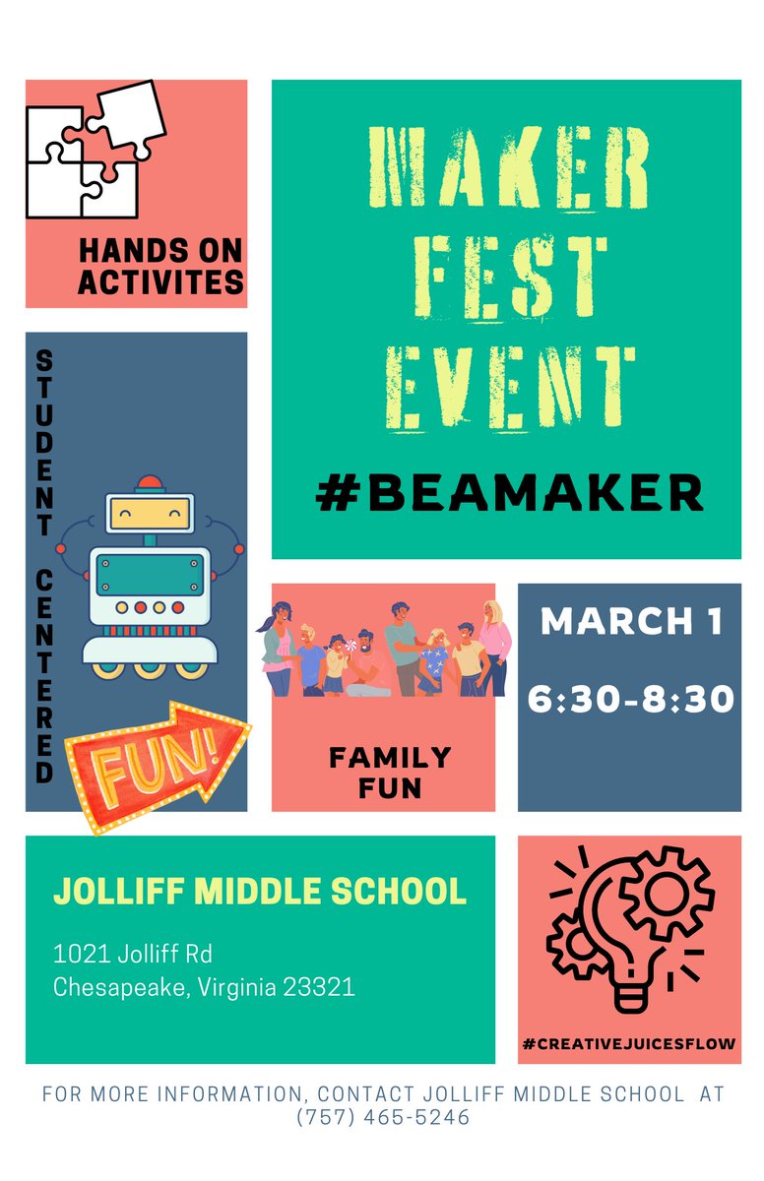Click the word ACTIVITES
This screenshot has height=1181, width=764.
(160, 282)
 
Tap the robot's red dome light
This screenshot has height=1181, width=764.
(150, 484)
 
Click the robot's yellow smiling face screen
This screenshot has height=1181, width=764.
(149, 513)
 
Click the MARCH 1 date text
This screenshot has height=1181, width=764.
(631, 622)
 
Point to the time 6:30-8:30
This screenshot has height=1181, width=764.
(631, 699)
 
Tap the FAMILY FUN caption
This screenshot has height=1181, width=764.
(390, 772)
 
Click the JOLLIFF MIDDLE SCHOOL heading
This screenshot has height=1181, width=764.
(260, 891)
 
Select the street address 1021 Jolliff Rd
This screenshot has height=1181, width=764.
(133, 954)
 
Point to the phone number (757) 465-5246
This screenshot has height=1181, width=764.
(383, 1118)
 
